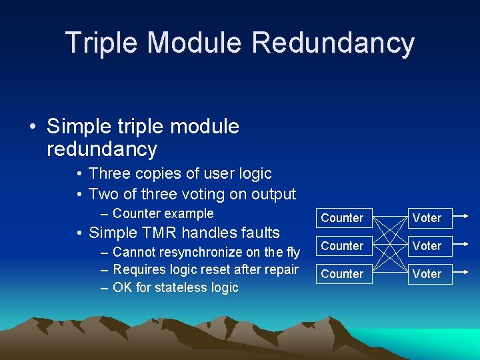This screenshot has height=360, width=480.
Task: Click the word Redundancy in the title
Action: [333, 43]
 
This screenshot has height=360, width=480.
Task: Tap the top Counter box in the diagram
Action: [342, 218]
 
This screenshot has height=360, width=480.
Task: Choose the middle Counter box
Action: [342, 246]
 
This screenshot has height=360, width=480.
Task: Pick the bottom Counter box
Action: [342, 274]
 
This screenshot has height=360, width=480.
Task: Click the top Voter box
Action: [427, 218]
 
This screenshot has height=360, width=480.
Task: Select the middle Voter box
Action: [427, 246]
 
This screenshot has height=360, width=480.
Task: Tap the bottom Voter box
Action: [427, 274]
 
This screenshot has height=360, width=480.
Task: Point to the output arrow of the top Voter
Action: [465, 217]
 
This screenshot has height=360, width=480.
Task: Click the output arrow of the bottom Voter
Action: [465, 273]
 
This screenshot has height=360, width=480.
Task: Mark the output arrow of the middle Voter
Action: [465, 245]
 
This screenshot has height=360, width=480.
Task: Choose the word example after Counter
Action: [189, 213]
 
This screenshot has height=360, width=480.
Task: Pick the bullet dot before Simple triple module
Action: [33, 126]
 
